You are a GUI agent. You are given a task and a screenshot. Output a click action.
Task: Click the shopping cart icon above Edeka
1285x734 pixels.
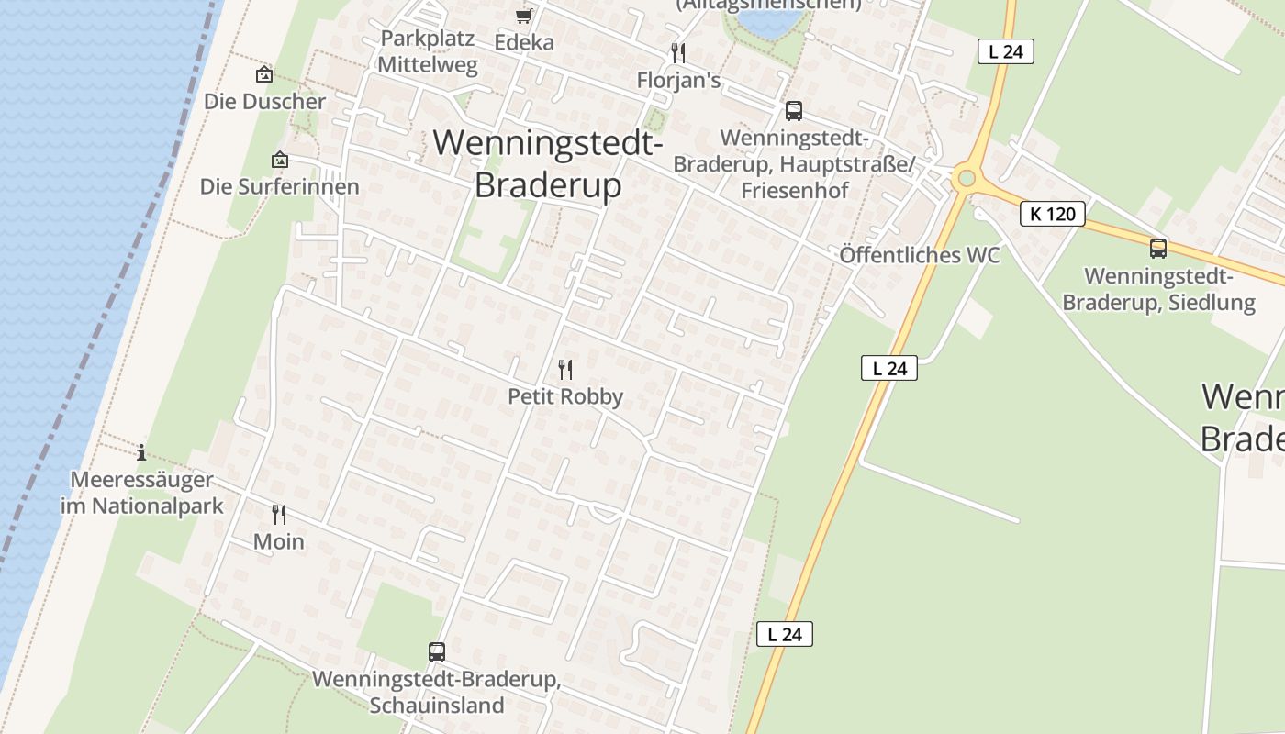[523, 16]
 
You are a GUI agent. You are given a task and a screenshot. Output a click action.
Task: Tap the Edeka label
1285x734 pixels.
[524, 42]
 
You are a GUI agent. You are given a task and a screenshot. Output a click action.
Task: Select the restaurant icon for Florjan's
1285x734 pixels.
[678, 52]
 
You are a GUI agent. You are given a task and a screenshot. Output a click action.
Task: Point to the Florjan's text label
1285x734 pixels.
[678, 81]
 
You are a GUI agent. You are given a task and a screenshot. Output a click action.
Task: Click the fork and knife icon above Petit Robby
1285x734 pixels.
[565, 370]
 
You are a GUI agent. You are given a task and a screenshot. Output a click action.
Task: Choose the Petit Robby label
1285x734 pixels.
[565, 397]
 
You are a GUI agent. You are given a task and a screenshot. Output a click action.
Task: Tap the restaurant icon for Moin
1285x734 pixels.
[279, 515]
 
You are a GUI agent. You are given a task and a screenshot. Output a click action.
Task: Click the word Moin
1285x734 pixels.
[279, 542]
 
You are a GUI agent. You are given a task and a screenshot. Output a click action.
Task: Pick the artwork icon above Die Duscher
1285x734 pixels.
[264, 74]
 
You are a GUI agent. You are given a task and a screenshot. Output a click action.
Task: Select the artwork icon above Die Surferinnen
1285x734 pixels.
[280, 160]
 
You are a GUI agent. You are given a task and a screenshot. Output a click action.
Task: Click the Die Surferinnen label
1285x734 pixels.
[280, 187]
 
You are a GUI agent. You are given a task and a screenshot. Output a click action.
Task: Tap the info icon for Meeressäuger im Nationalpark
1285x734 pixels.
[141, 452]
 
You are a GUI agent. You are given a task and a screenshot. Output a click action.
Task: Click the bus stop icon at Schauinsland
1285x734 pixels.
[437, 652]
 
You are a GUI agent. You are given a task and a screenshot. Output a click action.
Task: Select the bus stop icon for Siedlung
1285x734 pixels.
[1158, 248]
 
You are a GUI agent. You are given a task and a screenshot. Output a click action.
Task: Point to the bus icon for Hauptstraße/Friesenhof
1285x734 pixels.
[794, 111]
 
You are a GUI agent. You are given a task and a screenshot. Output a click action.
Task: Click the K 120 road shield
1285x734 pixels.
[1053, 215]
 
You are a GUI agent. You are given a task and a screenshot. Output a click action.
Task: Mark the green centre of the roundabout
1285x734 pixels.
[965, 178]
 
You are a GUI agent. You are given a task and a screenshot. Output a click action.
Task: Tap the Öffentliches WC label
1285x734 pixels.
[920, 256]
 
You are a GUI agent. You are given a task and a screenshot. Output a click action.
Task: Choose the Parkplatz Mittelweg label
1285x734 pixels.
[428, 52]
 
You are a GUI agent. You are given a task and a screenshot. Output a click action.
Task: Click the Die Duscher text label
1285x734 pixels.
[264, 102]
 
